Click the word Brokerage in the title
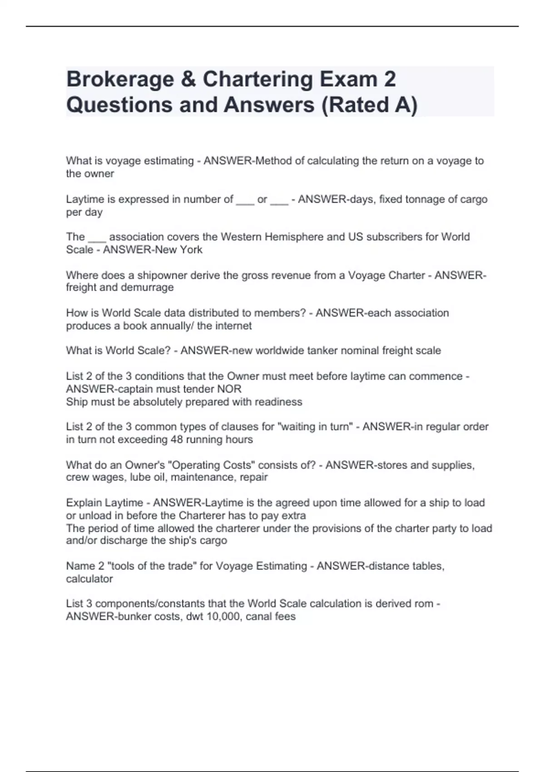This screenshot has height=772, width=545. (120, 80)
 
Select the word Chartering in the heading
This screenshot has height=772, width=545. (258, 80)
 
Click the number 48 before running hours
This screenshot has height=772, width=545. (177, 440)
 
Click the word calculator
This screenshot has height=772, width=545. (89, 579)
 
